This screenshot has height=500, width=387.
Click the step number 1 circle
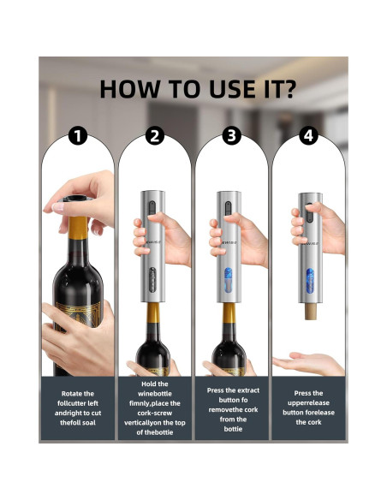[x=78, y=136]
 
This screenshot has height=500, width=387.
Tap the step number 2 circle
[x=155, y=136]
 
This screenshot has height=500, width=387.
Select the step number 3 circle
[x=231, y=136]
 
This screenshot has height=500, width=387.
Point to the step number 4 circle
[x=308, y=136]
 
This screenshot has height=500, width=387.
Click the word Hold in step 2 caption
[x=155, y=384]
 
